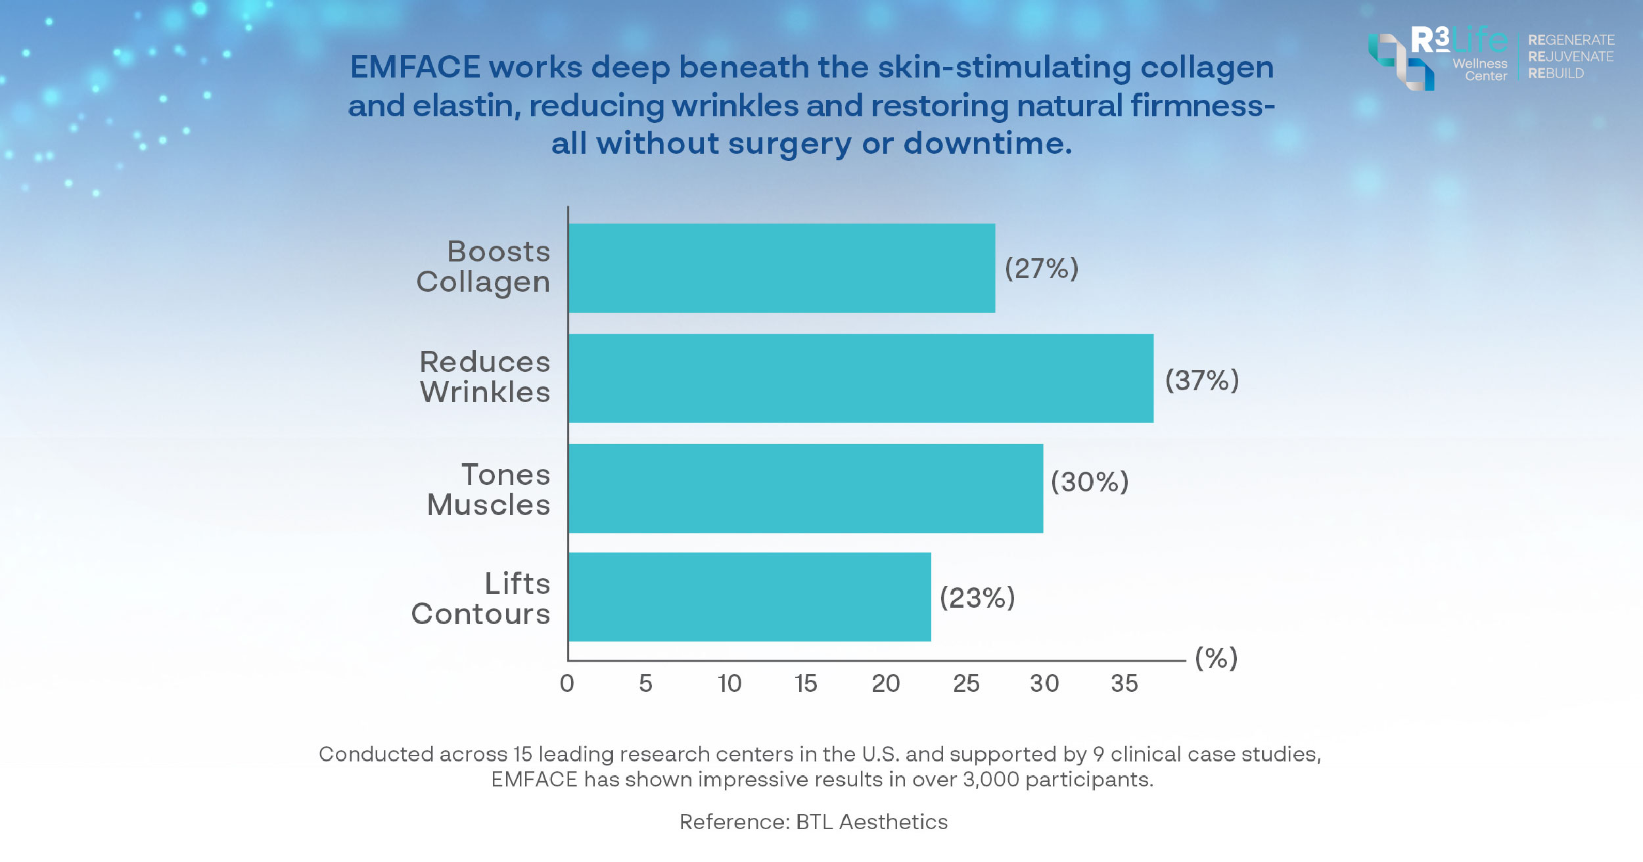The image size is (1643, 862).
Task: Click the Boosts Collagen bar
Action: click(x=781, y=268)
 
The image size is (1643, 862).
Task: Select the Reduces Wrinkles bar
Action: click(x=860, y=378)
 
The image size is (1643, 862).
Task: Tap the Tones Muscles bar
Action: click(x=805, y=488)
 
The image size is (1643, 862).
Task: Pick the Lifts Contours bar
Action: click(x=749, y=597)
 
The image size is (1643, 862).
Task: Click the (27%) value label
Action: click(x=1042, y=269)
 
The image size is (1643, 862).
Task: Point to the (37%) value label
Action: click(x=1202, y=380)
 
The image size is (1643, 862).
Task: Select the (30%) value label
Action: click(x=1090, y=482)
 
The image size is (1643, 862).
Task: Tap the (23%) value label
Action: click(x=977, y=598)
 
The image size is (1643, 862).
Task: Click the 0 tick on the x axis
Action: click(x=567, y=684)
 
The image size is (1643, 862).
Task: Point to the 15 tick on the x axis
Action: click(x=806, y=684)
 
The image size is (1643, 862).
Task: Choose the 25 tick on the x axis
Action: click(x=966, y=684)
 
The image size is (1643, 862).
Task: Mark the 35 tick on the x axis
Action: click(x=1124, y=684)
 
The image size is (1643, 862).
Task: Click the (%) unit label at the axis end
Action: click(x=1216, y=658)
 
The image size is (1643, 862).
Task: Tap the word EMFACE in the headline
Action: click(x=415, y=67)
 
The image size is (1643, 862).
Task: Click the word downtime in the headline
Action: click(x=987, y=143)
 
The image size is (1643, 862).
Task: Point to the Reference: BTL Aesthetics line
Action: click(x=814, y=822)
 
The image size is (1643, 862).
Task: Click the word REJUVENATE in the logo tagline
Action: click(x=1571, y=57)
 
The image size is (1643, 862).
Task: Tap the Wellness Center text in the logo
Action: click(x=1480, y=70)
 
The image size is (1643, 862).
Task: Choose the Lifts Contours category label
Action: click(x=481, y=599)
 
